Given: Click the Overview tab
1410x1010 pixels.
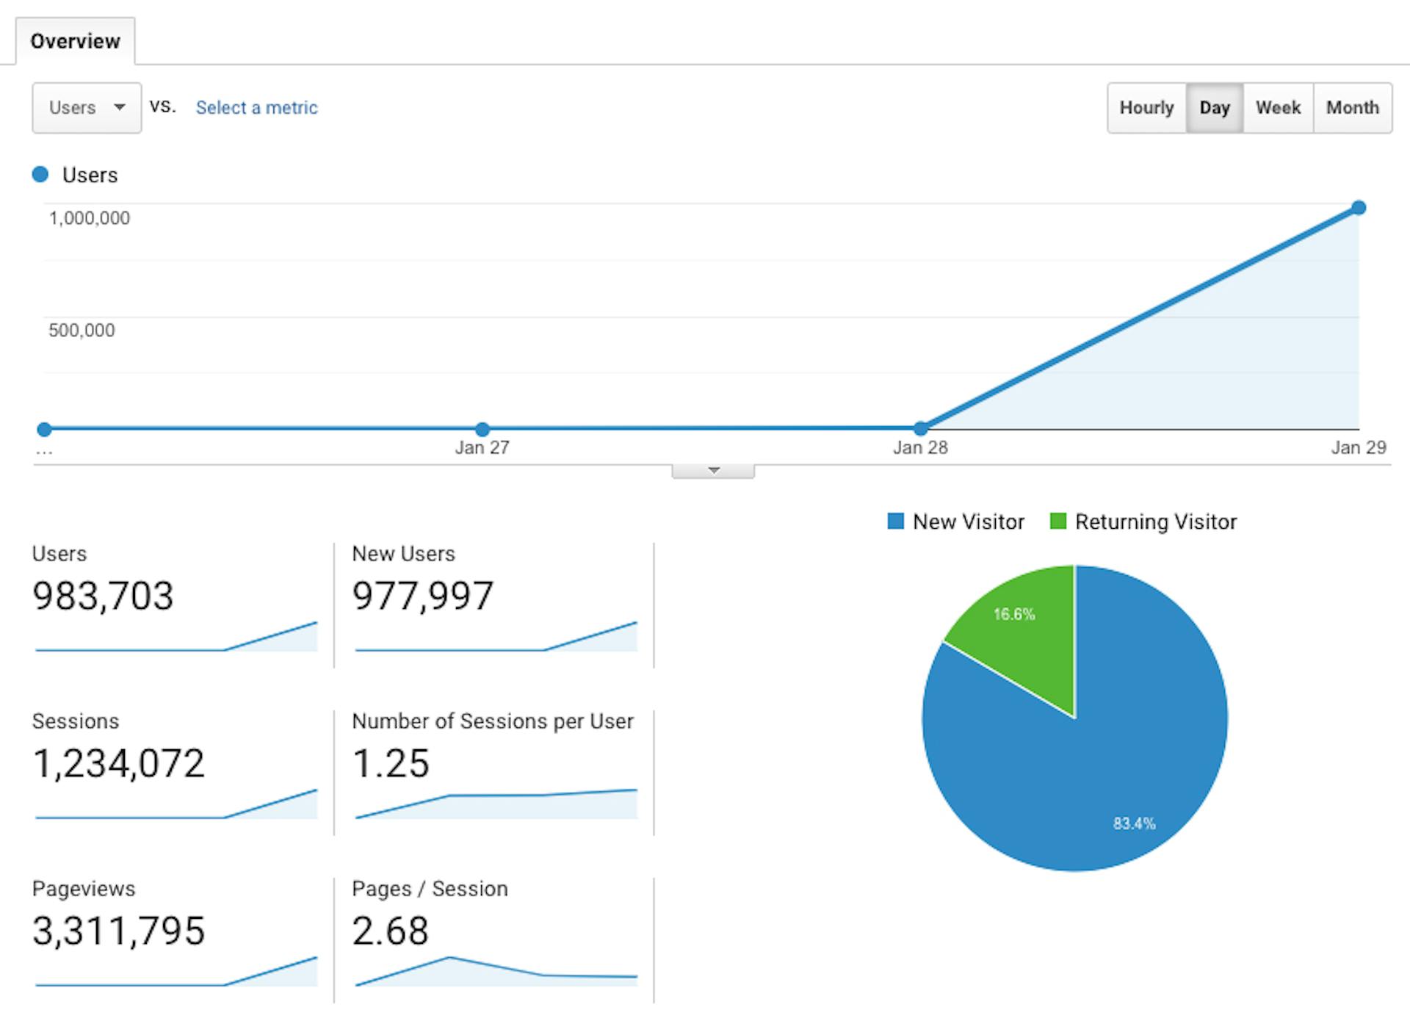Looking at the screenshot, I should coord(75,41).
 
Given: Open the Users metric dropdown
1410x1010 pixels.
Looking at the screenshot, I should coord(87,108).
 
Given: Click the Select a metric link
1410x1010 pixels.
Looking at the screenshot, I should coord(256,108).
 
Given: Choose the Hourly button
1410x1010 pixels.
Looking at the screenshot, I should coord(1146,108).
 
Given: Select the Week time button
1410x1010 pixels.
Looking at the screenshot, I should coord(1278,108).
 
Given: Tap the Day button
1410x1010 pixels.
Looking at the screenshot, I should coord(1214,108).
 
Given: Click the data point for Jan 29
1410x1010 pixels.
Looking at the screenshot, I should coord(1359,208).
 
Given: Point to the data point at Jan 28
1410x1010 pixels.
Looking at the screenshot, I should coord(920,428).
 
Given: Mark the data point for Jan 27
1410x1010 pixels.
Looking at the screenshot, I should coord(482,429).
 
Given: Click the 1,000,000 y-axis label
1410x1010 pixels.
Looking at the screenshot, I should coord(89,218).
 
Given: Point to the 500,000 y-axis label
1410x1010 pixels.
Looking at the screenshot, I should coord(82,331).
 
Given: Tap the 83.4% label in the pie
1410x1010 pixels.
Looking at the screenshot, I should coord(1134,823).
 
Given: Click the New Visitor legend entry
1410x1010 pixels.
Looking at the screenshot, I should coord(956,522).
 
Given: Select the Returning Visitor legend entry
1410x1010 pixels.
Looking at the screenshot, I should coord(1143,522).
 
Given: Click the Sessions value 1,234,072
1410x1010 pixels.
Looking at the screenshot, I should coord(118,763).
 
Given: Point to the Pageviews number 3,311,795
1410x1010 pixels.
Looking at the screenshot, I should coord(118,931).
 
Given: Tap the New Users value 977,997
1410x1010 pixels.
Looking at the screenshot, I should coord(422,596).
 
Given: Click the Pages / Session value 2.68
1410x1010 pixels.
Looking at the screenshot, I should coord(390,931).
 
